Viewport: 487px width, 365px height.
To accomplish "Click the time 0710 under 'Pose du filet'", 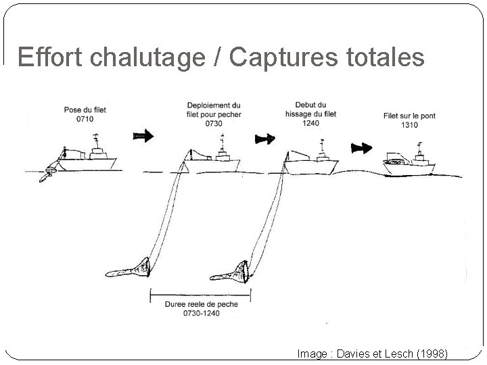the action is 85,120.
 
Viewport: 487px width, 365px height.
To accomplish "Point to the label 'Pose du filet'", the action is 85,110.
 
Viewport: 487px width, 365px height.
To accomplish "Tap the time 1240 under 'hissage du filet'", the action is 311,124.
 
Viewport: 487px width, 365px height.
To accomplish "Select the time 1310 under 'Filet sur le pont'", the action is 409,125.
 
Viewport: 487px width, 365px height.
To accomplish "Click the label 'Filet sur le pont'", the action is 409,116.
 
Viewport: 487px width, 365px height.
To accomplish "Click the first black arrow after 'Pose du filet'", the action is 143,136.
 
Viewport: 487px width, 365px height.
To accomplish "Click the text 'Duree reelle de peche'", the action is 201,305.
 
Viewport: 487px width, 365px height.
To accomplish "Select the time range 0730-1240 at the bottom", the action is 201,314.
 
